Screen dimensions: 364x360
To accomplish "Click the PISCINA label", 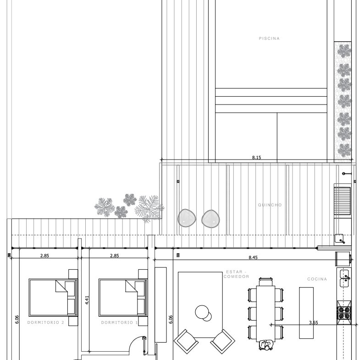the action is (269, 39).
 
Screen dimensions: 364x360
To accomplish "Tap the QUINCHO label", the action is (270, 205).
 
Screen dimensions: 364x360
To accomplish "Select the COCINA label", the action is (317, 279).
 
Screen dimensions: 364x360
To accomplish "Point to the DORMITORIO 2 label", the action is (46, 322).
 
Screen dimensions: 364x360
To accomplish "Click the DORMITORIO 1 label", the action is (120, 322).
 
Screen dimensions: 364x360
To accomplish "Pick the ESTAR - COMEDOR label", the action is (236, 274).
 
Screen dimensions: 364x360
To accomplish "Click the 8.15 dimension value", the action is (257, 157).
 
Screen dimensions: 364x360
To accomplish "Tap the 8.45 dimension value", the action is (253, 257).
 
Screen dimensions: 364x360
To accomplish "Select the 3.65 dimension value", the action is (314, 322).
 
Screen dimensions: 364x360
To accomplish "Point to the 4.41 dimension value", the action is (87, 300).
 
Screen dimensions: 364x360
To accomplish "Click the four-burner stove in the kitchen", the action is (344, 313).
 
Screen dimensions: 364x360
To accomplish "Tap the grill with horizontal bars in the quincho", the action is (342, 201).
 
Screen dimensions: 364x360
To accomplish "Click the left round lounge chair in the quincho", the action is (187, 218).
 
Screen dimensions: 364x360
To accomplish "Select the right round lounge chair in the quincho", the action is (210, 219).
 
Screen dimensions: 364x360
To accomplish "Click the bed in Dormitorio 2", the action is (53, 298).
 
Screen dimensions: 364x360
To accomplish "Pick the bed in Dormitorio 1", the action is (123, 298).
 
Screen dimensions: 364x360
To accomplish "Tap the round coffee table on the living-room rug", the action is (202, 312).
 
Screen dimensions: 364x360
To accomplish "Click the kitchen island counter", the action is (306, 313).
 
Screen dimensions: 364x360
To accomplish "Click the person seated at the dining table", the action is (266, 345).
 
